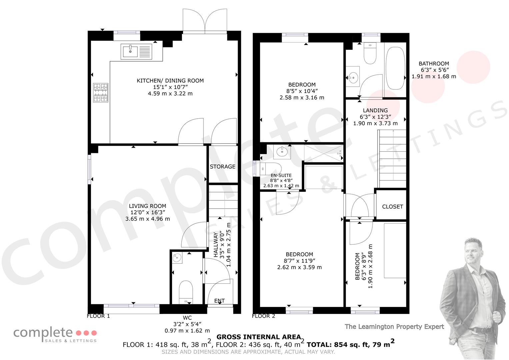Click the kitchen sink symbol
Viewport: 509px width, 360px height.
(136, 52)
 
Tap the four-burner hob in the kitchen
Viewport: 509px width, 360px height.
(101, 93)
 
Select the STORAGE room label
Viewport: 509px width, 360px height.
(222, 167)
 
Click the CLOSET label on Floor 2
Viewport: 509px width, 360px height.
(392, 207)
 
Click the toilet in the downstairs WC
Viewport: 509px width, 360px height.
(186, 292)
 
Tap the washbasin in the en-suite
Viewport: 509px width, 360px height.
(282, 152)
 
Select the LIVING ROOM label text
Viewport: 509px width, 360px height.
(147, 206)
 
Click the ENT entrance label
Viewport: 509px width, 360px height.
(219, 301)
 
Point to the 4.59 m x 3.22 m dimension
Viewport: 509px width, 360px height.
(170, 93)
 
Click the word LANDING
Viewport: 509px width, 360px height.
(375, 110)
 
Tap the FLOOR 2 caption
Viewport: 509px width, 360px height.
(263, 316)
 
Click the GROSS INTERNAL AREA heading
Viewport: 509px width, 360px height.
(259, 337)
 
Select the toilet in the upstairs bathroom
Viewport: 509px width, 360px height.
(370, 53)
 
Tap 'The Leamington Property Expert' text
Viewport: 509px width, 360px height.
(394, 327)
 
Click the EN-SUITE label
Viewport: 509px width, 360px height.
(281, 175)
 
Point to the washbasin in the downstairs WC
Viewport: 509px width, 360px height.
(177, 258)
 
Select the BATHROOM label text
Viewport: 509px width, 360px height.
(434, 64)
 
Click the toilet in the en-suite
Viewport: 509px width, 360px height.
(271, 169)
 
